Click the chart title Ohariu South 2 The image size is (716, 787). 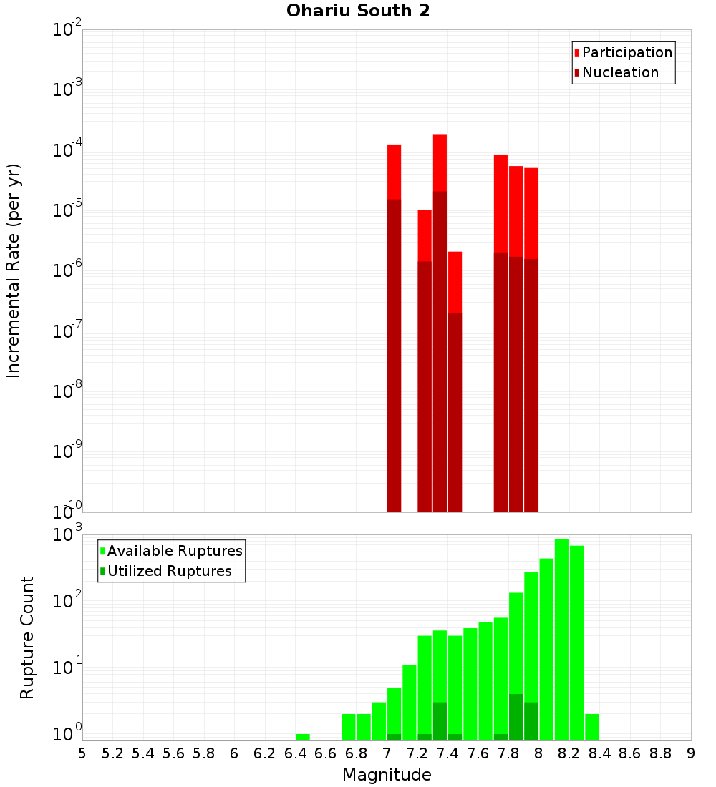(358, 11)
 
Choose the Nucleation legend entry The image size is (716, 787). (619, 72)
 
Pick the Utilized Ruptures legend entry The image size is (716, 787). (169, 571)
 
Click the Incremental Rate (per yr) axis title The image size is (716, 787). (14, 270)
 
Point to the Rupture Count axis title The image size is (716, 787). (27, 637)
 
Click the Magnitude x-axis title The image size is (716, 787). (387, 775)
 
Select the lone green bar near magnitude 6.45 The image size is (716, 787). (303, 737)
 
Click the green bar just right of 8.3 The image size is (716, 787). (592, 727)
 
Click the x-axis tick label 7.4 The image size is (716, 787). (447, 753)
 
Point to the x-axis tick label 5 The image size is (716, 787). (82, 753)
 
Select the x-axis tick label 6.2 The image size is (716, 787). (265, 753)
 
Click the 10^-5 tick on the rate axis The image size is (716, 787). (67, 210)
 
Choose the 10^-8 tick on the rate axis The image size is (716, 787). (67, 391)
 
